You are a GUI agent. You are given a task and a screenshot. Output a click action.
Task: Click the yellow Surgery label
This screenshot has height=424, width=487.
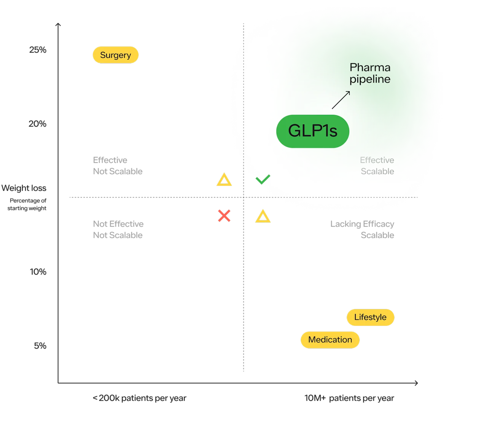pyautogui.click(x=115, y=55)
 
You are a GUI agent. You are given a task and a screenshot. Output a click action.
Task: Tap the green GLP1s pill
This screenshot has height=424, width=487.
pyautogui.click(x=312, y=131)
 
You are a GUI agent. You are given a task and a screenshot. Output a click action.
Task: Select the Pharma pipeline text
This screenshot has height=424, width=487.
pyautogui.click(x=370, y=73)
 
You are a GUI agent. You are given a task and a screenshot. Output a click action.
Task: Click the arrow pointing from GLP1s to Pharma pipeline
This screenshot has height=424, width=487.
pyautogui.click(x=341, y=100)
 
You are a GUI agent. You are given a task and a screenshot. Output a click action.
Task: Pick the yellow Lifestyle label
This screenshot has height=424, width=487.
pyautogui.click(x=370, y=317)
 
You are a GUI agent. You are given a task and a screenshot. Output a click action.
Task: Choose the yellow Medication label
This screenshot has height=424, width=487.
pyautogui.click(x=330, y=340)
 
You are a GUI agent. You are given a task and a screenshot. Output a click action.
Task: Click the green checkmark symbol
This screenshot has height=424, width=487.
pyautogui.click(x=263, y=179)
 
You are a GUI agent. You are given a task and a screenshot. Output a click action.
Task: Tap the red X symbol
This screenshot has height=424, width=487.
pyautogui.click(x=224, y=216)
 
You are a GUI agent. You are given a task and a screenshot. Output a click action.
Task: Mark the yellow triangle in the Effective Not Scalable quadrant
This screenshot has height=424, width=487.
pyautogui.click(x=224, y=180)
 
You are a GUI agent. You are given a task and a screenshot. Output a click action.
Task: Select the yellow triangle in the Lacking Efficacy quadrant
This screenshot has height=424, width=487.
pyautogui.click(x=263, y=217)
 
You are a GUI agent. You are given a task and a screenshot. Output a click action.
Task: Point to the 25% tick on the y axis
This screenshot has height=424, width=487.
pyautogui.click(x=38, y=50)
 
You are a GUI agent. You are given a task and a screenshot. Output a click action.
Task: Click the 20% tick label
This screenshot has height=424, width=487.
pyautogui.click(x=38, y=124)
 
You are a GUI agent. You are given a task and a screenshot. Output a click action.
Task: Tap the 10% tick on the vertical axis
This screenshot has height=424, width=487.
pyautogui.click(x=39, y=272)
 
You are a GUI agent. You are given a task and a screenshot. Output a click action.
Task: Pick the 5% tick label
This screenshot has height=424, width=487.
pyautogui.click(x=41, y=346)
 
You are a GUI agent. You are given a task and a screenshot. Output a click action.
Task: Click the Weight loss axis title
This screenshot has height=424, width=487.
pyautogui.click(x=24, y=188)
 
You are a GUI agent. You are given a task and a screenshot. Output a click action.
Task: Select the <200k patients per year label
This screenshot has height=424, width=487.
pyautogui.click(x=140, y=398)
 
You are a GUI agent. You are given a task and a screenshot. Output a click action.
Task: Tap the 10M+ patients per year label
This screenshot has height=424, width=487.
pyautogui.click(x=349, y=398)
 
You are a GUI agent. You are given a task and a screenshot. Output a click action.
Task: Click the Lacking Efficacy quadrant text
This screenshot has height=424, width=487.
pyautogui.click(x=362, y=224)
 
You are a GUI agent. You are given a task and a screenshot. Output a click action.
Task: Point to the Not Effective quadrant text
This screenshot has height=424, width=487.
pyautogui.click(x=118, y=224)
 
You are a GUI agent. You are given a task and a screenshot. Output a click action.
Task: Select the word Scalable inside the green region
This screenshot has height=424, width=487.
pyautogui.click(x=377, y=172)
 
